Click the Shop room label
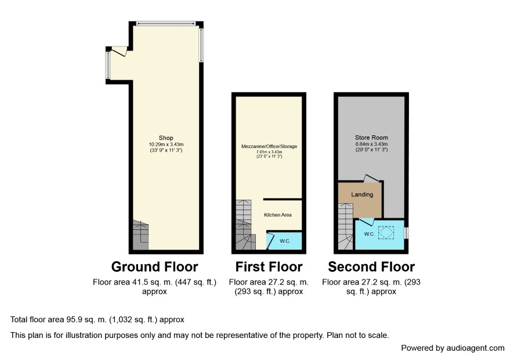point(166,138)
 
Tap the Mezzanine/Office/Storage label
point(269,146)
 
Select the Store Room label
point(371,138)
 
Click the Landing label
point(362,195)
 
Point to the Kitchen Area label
point(278,215)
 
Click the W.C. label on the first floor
point(285,241)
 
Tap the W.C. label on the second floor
point(370,234)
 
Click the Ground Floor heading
point(154,267)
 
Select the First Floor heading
point(269,267)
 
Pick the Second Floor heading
point(371,267)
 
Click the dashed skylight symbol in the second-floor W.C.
point(386,233)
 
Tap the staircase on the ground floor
point(140,235)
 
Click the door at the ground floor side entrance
point(120,51)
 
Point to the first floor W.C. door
point(271,241)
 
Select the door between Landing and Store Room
point(371,178)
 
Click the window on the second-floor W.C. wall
point(407,233)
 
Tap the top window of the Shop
point(166,23)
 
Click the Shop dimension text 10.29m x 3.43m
point(166,145)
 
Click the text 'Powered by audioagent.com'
point(453,348)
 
